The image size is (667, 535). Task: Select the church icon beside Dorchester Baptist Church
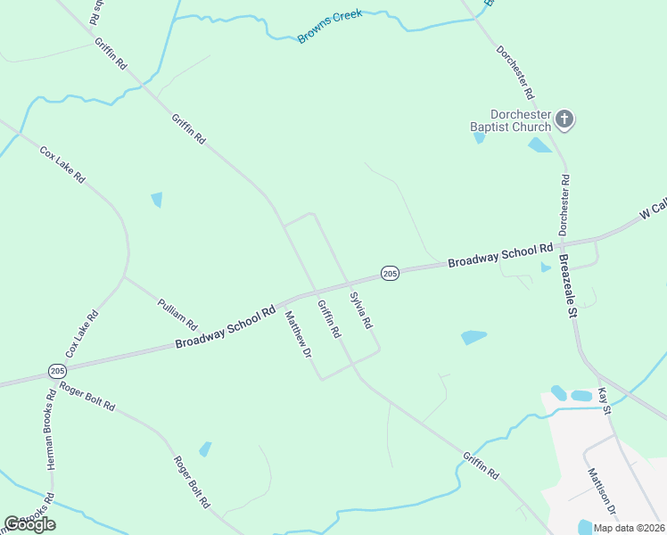[564, 119]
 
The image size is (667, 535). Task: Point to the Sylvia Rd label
[360, 310]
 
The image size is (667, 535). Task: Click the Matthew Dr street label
[298, 334]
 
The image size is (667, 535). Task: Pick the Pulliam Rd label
[177, 309]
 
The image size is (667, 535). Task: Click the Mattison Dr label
[602, 491]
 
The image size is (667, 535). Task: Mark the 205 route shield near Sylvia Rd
[389, 273]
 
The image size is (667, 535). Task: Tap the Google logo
[29, 524]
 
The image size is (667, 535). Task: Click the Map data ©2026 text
[629, 528]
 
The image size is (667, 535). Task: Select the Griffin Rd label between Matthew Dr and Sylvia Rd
[329, 318]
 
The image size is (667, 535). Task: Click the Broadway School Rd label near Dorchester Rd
[500, 256]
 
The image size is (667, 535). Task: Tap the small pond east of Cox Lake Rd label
[157, 200]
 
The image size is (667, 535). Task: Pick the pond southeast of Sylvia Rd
[473, 337]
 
